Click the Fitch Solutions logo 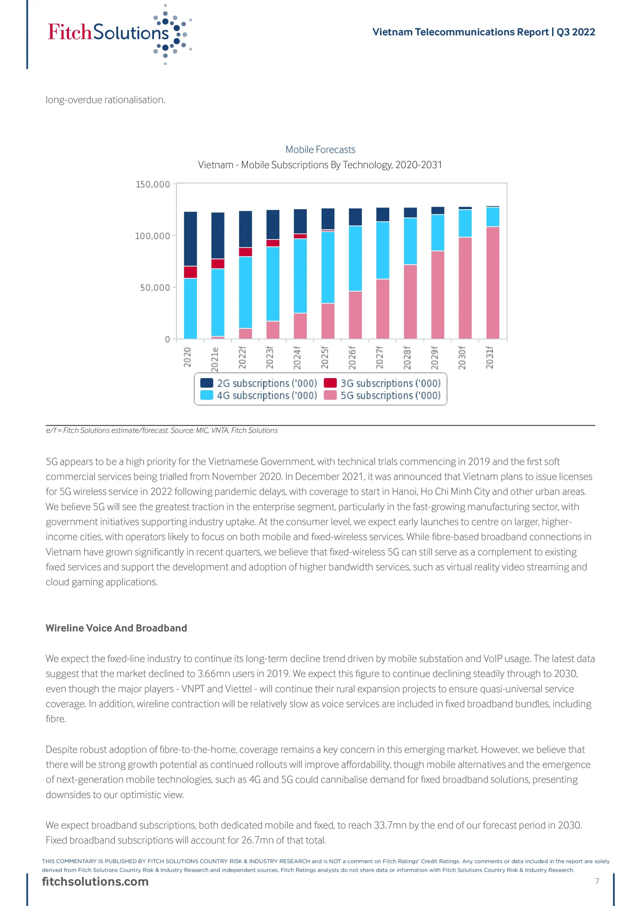(119, 33)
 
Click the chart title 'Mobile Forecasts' (320, 150)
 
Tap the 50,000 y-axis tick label (155, 288)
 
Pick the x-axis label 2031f (489, 357)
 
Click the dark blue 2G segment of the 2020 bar (191, 239)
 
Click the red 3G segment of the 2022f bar (245, 252)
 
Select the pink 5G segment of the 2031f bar (493, 282)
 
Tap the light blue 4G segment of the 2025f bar (328, 267)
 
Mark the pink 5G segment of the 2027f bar (382, 309)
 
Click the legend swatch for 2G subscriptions (206, 383)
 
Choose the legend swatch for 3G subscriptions (330, 383)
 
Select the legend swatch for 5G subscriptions (330, 395)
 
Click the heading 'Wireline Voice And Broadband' (116, 628)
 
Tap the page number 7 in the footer (597, 881)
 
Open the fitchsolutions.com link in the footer (95, 882)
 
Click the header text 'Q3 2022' (575, 32)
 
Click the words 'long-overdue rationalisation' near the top (105, 100)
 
